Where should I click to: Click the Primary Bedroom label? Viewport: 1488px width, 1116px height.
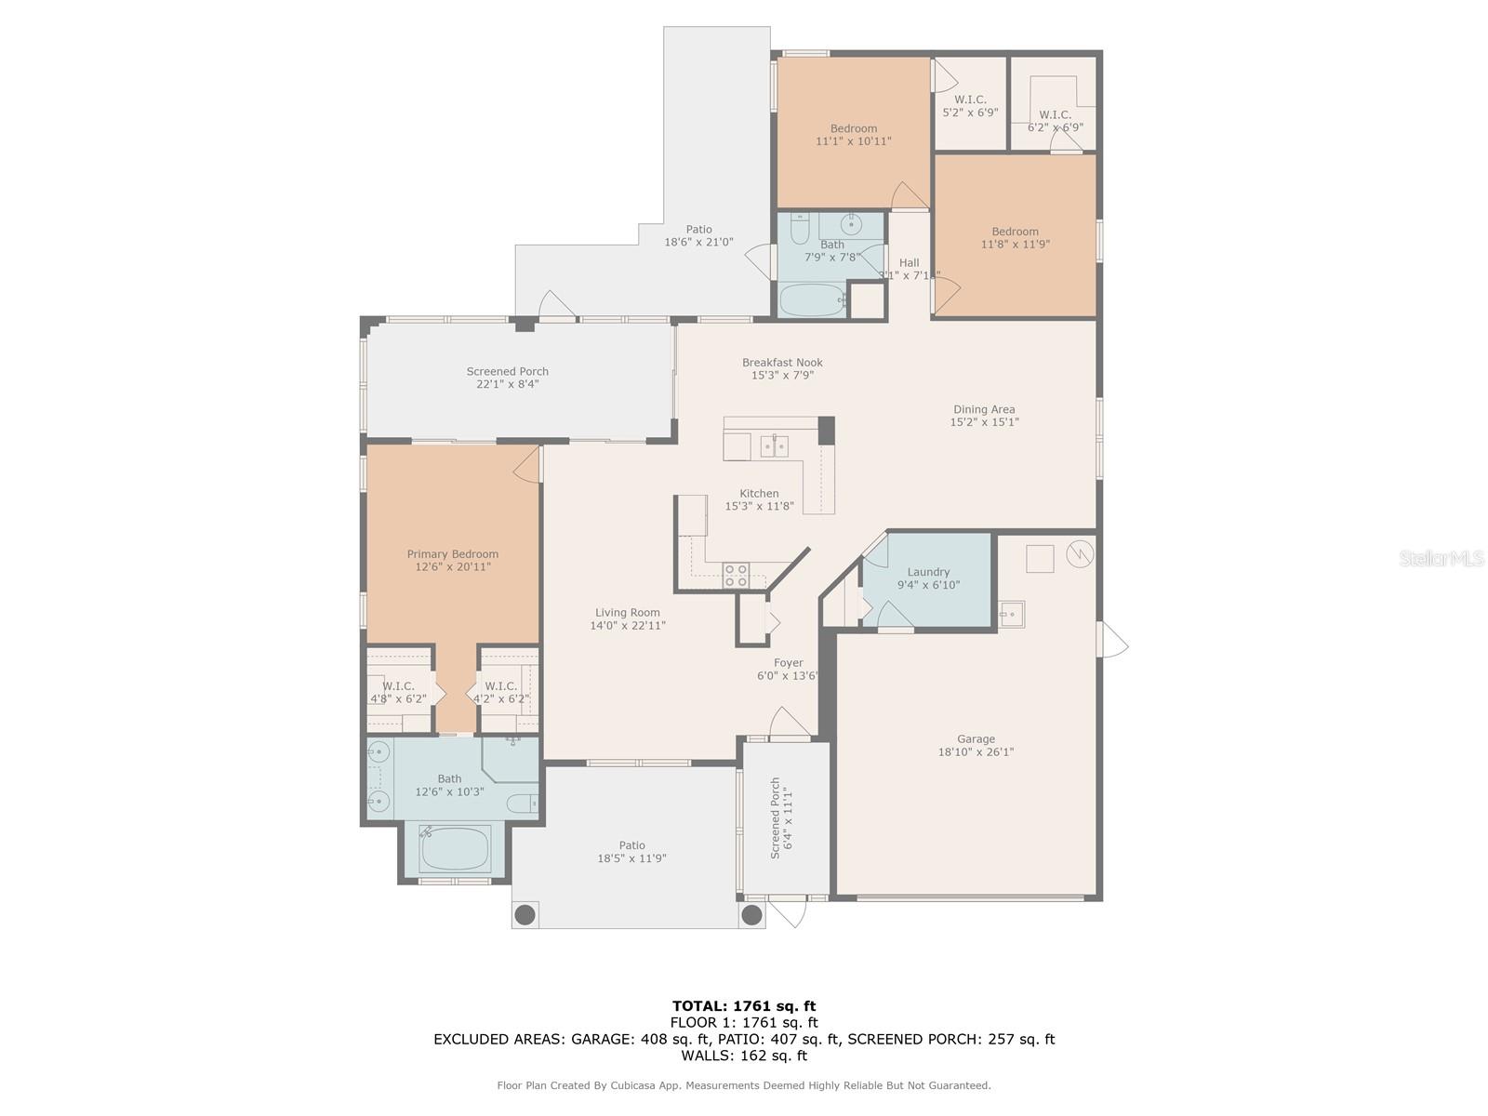452,554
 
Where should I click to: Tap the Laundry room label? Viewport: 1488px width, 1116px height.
928,572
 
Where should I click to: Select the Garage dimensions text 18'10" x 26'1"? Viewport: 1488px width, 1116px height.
976,752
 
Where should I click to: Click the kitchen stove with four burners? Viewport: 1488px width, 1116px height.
736,576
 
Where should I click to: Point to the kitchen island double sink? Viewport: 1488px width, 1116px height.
775,447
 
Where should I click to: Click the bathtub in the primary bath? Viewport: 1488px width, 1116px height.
454,847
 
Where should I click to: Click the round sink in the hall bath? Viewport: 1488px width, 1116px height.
852,224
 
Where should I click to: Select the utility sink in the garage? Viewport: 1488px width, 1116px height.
1012,614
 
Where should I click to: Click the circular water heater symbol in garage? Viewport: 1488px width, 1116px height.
1079,554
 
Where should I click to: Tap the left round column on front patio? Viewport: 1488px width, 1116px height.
525,915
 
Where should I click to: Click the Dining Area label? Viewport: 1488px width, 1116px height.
984,409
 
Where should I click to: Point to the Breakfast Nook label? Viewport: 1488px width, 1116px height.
782,363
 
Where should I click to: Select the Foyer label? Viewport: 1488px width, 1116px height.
788,663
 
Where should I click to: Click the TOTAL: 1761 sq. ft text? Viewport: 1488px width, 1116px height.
744,1005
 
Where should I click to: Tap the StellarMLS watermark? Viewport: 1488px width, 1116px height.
1441,559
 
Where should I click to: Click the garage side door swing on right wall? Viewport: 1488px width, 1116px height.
1112,641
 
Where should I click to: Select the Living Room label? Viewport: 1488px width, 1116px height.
628,613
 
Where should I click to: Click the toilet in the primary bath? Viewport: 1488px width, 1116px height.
520,803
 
